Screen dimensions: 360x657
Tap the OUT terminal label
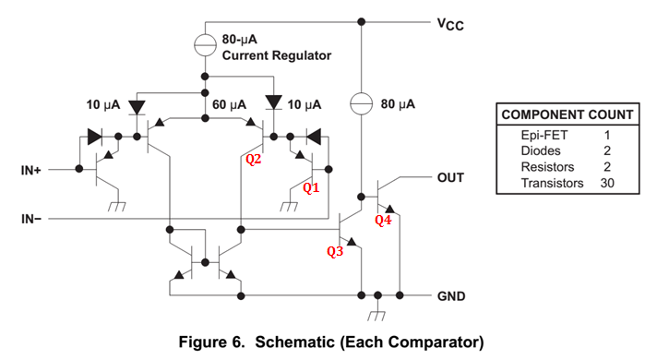(450, 176)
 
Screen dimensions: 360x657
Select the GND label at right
(451, 297)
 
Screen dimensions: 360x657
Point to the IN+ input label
(30, 170)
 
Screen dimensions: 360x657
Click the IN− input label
(30, 219)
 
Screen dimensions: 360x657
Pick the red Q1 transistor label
(313, 187)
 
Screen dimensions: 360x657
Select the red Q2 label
(254, 159)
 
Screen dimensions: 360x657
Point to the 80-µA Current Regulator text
(276, 48)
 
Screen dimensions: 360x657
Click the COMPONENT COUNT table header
(567, 114)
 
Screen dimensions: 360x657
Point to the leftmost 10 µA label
(103, 104)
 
